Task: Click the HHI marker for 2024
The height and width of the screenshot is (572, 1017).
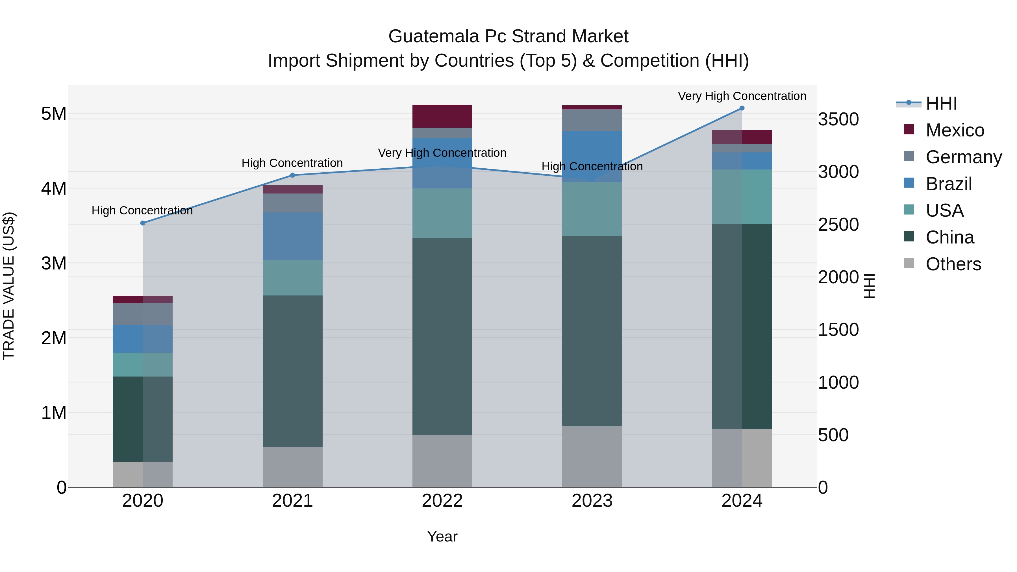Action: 742,108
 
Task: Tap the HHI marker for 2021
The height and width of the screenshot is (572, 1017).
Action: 293,175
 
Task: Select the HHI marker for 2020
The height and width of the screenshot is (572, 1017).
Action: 143,223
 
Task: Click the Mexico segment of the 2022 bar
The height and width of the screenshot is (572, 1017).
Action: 442,116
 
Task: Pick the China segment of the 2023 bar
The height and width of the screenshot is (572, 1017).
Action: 592,331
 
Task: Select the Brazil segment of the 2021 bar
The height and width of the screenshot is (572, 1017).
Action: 293,236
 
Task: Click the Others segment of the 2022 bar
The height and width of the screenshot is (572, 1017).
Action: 442,461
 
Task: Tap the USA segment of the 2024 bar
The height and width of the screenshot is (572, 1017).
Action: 742,197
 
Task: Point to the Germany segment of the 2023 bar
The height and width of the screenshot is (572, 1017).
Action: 592,120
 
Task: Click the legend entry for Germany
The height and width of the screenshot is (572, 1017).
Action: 963,157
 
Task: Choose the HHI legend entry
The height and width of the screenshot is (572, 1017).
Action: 941,103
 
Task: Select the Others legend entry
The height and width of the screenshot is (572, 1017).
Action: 953,264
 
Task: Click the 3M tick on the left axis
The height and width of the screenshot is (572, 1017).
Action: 54,263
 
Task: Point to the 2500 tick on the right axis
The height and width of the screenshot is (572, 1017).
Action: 838,225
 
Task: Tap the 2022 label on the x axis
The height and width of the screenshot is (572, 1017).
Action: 442,501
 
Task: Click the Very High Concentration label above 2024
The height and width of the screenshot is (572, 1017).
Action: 742,96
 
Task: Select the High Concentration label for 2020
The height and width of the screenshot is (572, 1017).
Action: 142,210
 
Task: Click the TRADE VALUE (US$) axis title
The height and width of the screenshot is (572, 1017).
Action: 9,286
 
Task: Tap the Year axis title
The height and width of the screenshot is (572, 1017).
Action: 442,536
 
